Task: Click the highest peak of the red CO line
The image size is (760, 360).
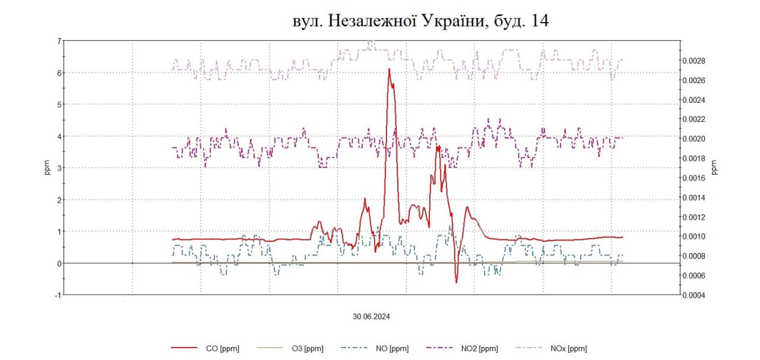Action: tap(389, 70)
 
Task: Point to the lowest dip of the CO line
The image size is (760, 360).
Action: tap(457, 282)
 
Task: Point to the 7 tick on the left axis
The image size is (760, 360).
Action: tap(59, 41)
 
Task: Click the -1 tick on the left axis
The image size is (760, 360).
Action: tap(58, 295)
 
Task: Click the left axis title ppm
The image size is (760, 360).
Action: tap(48, 168)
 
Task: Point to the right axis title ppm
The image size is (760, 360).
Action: tap(714, 168)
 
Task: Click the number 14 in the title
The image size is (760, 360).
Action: tap(540, 21)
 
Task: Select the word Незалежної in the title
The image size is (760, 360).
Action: tap(359, 21)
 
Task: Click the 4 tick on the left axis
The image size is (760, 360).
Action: tap(59, 136)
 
